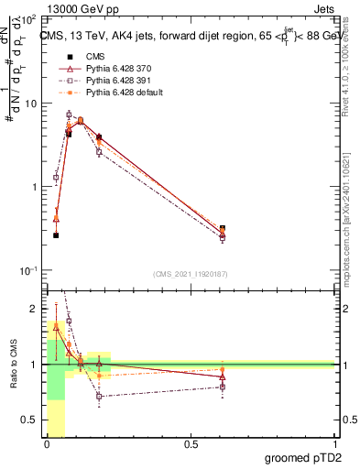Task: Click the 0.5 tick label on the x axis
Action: point(191,446)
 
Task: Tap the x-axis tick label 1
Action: point(334,446)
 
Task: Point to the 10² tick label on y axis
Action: point(27,19)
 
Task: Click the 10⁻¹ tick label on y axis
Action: point(27,270)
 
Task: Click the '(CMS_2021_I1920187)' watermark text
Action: point(191,272)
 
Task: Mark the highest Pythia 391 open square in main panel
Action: point(69,115)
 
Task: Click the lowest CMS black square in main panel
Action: point(56,235)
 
